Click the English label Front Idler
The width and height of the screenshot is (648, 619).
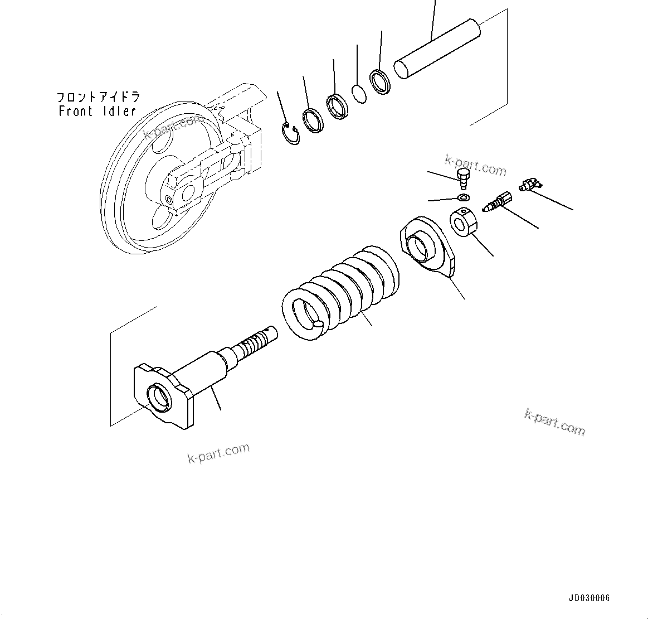(x=98, y=111)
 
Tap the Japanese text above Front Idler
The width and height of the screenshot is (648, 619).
(x=99, y=97)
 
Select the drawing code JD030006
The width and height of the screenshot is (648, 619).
(x=589, y=598)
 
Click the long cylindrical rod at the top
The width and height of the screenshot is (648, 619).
(x=437, y=48)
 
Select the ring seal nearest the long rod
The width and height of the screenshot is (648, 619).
(x=382, y=81)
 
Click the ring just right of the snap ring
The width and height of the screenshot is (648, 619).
(x=314, y=120)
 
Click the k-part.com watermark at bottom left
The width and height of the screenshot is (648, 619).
(x=218, y=453)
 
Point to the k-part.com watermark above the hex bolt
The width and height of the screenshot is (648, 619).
(x=475, y=166)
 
